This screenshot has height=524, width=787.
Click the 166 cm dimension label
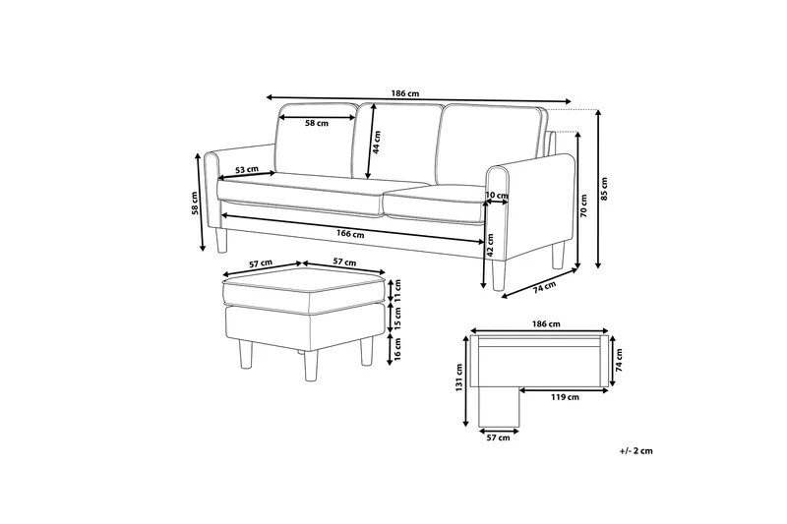tap(350, 234)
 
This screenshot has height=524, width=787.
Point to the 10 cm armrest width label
tap(498, 197)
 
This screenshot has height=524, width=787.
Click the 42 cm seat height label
tap(490, 252)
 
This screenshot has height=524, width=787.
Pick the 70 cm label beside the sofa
tap(583, 207)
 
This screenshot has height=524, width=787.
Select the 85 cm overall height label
tap(605, 187)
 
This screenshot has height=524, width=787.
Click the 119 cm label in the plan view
tap(564, 397)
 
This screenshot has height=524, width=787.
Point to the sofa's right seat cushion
tap(438, 202)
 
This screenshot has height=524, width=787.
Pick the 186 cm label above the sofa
tap(399, 93)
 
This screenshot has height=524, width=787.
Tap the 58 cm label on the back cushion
tap(316, 124)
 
